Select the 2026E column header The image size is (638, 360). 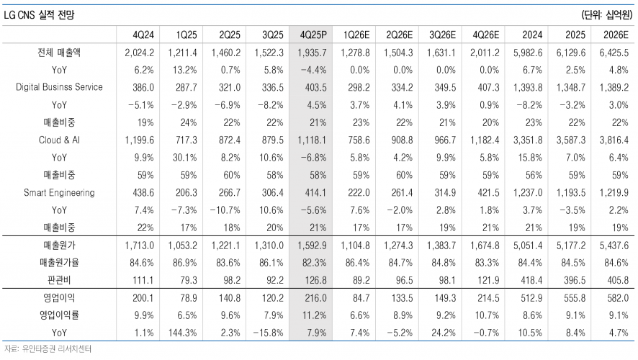[x=614, y=35]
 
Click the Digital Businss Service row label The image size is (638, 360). [x=60, y=86]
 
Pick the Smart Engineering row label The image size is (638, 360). [x=60, y=193]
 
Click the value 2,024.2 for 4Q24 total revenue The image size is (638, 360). [x=139, y=52]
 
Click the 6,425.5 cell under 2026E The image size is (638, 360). [x=614, y=52]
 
